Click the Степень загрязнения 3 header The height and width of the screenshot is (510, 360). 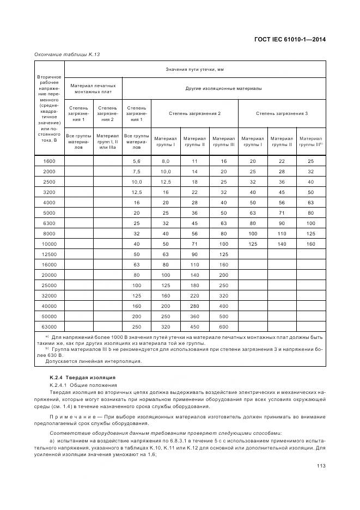282,113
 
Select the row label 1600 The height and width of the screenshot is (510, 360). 50,161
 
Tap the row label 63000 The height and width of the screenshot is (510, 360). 50,326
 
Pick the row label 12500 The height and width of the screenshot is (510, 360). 50,254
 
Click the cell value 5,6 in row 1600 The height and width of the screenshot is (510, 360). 136,161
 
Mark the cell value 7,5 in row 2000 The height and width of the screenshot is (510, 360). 136,172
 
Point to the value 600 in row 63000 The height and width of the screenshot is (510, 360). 223,326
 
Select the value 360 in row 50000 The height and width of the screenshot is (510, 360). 194,316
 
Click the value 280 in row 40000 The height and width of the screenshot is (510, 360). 194,306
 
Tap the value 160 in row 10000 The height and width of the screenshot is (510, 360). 310,244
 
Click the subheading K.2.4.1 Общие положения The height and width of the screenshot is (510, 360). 83,385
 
